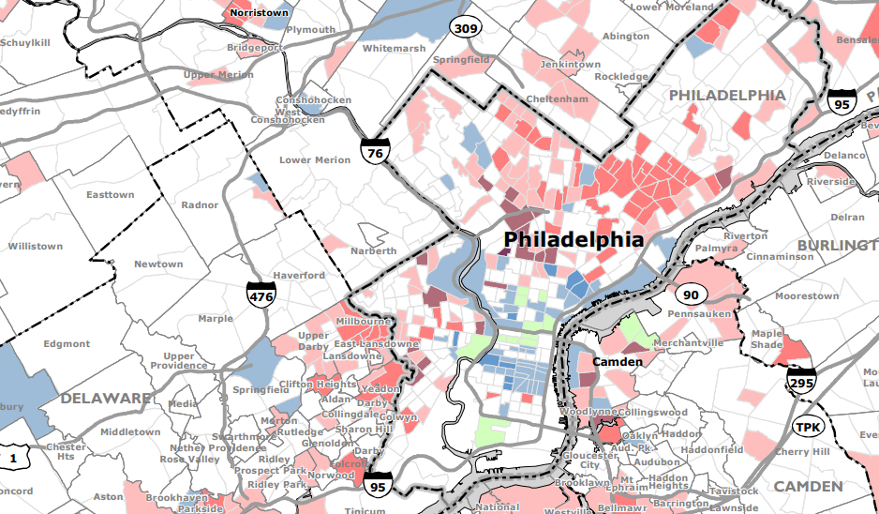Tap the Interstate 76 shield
[x=375, y=148]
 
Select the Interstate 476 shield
[x=261, y=295]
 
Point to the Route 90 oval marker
[x=691, y=295]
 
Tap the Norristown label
[x=260, y=14]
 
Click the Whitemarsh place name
[x=394, y=48]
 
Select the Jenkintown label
[x=570, y=65]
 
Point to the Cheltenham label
[x=556, y=98]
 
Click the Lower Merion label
[x=315, y=159]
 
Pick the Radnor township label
[x=200, y=204]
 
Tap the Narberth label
[x=374, y=251]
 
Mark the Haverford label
[x=299, y=276]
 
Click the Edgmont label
[x=67, y=344]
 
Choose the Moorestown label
[x=807, y=296]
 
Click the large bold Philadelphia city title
[x=574, y=239]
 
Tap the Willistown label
[x=36, y=247]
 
